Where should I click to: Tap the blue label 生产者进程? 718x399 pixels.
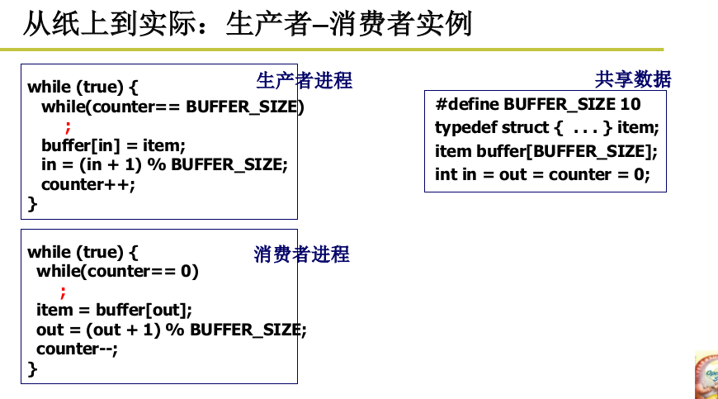304,80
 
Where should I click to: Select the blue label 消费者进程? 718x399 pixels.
301,254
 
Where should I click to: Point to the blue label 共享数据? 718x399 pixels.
633,79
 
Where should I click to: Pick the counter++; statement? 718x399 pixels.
87,184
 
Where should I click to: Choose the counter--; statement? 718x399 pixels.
77,349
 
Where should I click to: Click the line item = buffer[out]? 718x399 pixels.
114,310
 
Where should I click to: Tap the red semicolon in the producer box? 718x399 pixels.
68,126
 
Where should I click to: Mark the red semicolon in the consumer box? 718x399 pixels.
63,291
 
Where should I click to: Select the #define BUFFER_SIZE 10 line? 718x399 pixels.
538,104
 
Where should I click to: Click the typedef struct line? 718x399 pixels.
546,127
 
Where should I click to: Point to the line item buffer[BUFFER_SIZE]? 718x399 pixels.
546,151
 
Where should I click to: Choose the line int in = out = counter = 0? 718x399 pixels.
542,174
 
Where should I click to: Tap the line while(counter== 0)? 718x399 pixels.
118,271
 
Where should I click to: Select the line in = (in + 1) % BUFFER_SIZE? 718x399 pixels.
164,164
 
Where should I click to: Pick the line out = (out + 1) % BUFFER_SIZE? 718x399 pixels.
171,330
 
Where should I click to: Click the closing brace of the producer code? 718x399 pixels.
33,203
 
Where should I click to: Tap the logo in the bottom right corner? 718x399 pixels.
706,376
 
